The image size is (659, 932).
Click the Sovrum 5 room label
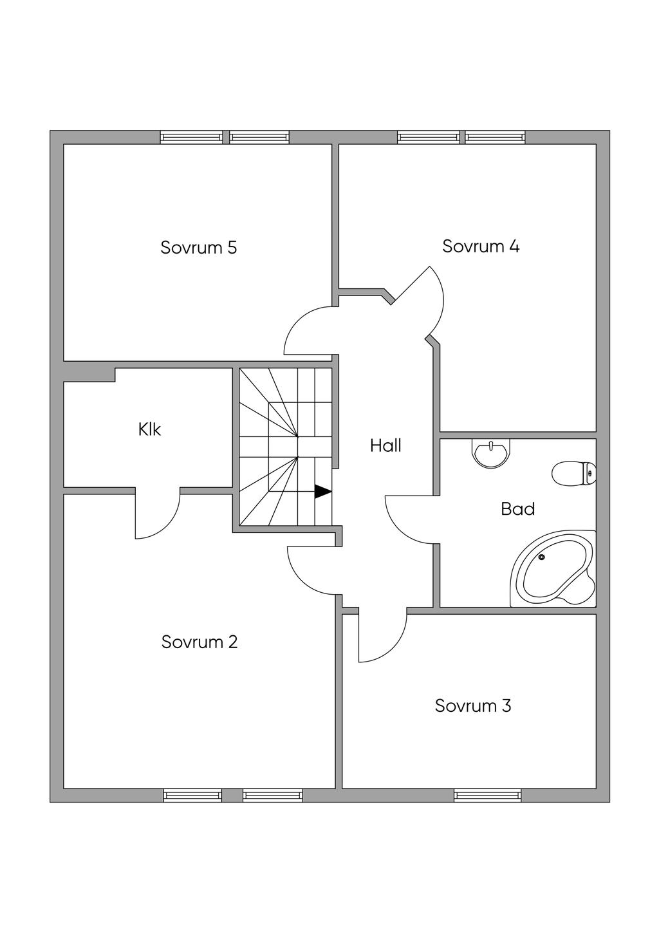coord(199,248)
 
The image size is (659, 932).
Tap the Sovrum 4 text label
coord(481,247)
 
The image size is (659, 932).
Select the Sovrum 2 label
coord(200,642)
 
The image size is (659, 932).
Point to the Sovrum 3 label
coord(473,705)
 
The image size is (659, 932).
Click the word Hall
coord(385,445)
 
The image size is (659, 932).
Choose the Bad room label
coord(518,509)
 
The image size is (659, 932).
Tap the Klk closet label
coord(149,429)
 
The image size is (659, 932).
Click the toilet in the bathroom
coord(574,473)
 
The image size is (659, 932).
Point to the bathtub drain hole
coord(542,557)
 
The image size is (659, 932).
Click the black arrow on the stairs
coord(322,492)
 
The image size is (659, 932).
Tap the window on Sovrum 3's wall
coord(487,796)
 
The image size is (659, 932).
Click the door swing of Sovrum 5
coord(306,331)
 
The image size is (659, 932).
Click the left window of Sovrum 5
coord(191,137)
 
